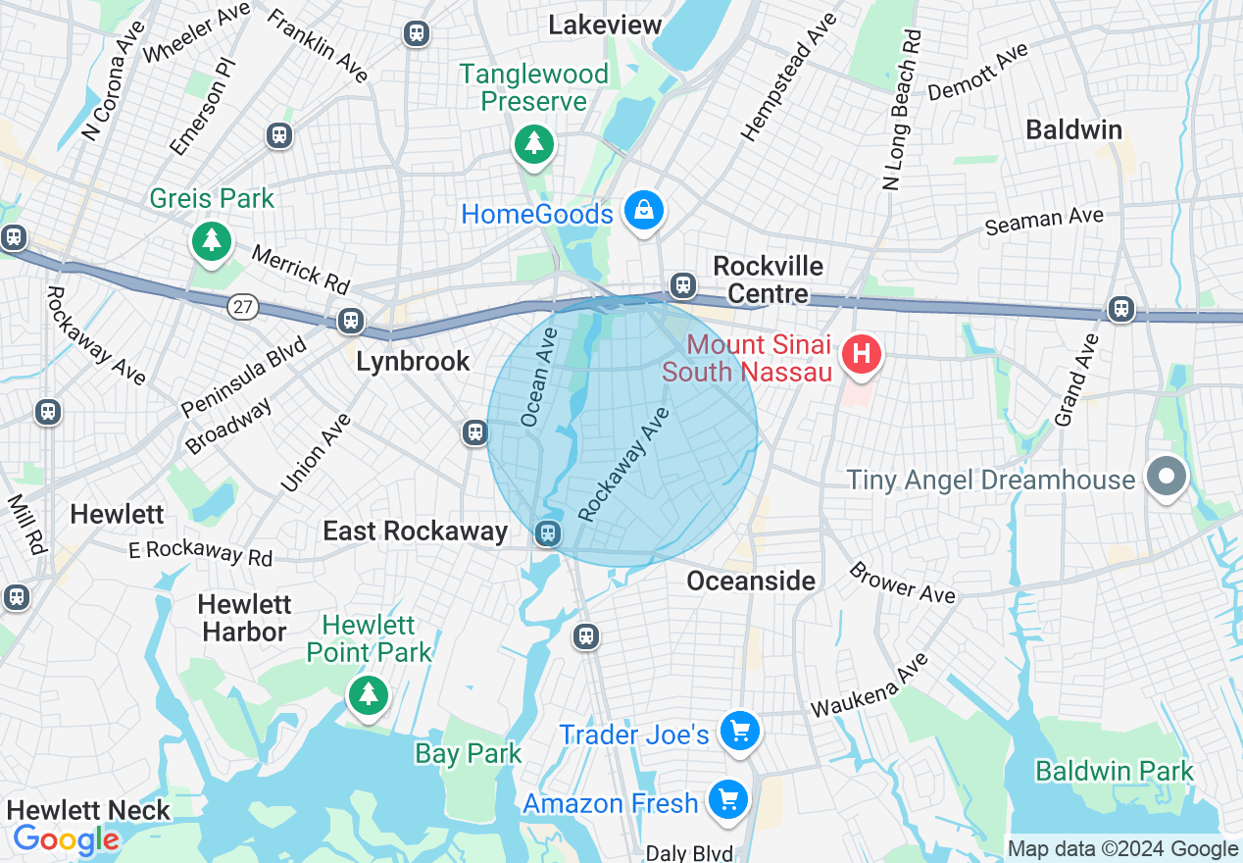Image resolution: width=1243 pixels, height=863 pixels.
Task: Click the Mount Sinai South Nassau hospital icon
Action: click(x=862, y=354)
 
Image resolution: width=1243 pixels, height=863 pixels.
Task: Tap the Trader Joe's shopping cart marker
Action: click(x=739, y=731)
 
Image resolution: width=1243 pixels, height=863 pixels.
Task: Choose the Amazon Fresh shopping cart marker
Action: click(x=727, y=800)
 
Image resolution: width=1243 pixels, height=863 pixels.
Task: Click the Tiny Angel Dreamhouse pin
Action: click(x=1166, y=478)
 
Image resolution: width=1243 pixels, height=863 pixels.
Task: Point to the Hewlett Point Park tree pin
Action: click(x=369, y=694)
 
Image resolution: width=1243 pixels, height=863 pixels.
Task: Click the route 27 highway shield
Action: click(x=243, y=307)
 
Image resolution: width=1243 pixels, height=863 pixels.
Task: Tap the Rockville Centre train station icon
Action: click(x=683, y=285)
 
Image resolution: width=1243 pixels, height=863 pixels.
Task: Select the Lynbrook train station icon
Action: click(x=350, y=321)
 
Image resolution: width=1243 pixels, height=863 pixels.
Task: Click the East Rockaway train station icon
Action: click(x=547, y=533)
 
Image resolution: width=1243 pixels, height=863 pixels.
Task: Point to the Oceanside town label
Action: click(x=751, y=581)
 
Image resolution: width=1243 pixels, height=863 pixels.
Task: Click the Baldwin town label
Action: click(x=1073, y=129)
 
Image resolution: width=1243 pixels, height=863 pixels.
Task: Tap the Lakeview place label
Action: click(x=605, y=25)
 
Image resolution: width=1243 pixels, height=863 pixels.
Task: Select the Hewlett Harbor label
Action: click(x=243, y=618)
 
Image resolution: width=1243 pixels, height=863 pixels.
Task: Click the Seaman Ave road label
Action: click(x=1044, y=222)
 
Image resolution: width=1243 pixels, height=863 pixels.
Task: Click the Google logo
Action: click(x=66, y=839)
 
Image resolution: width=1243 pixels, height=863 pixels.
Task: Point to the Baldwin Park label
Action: click(x=1115, y=771)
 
